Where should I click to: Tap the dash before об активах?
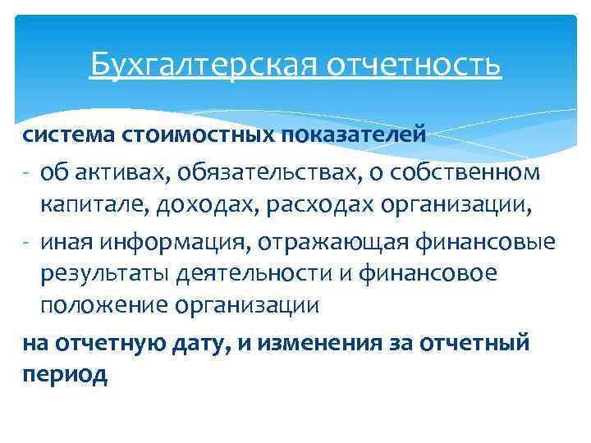pyautogui.click(x=27, y=172)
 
